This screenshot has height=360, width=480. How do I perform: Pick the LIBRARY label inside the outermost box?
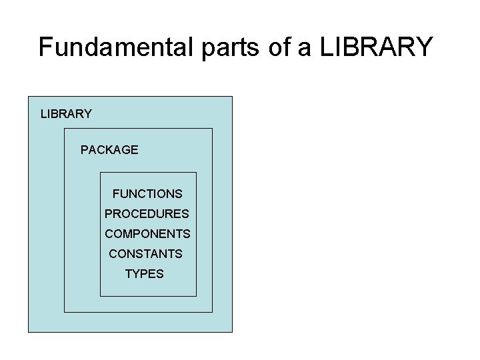coord(66,114)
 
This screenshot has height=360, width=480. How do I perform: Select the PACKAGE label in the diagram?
coord(109,150)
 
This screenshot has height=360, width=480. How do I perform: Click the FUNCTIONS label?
coord(147,194)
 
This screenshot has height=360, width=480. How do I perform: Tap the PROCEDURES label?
coord(147,214)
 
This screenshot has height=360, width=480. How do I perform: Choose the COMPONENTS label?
coord(147,234)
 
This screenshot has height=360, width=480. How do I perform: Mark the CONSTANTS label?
coord(145,254)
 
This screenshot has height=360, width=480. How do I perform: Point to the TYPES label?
coord(144,274)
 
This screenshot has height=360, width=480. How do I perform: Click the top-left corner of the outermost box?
coord(28,97)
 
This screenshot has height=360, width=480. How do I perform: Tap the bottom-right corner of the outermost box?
coord(232,331)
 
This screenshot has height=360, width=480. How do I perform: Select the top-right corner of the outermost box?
coord(232,97)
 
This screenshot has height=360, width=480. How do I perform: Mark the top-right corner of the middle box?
coord(212,129)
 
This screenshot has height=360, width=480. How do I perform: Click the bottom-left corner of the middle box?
coord(64,311)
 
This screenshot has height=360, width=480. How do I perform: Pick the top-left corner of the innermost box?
coord(100,173)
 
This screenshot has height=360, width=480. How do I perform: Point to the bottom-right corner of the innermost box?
coord(197,296)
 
